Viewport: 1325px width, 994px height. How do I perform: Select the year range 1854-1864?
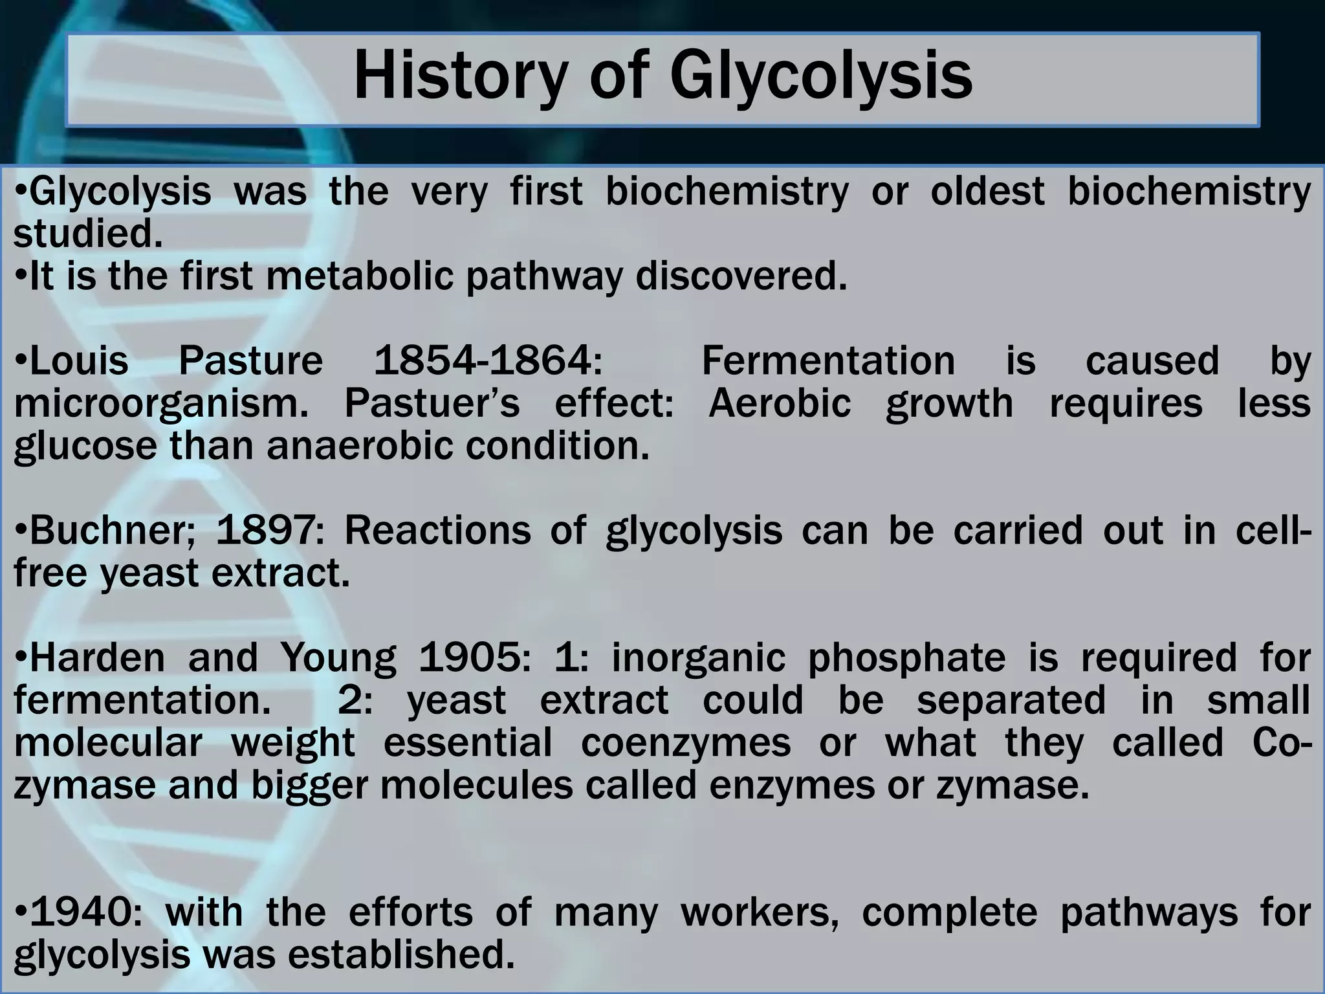click(x=488, y=360)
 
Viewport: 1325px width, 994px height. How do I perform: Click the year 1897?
click(x=266, y=531)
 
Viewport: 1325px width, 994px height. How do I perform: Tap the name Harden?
click(x=98, y=657)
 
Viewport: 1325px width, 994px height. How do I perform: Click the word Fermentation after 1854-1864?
click(x=828, y=360)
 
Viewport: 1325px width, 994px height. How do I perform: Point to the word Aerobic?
click(x=780, y=403)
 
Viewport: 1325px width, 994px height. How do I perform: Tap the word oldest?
click(x=987, y=192)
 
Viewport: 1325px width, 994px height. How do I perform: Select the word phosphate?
click(x=906, y=659)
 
